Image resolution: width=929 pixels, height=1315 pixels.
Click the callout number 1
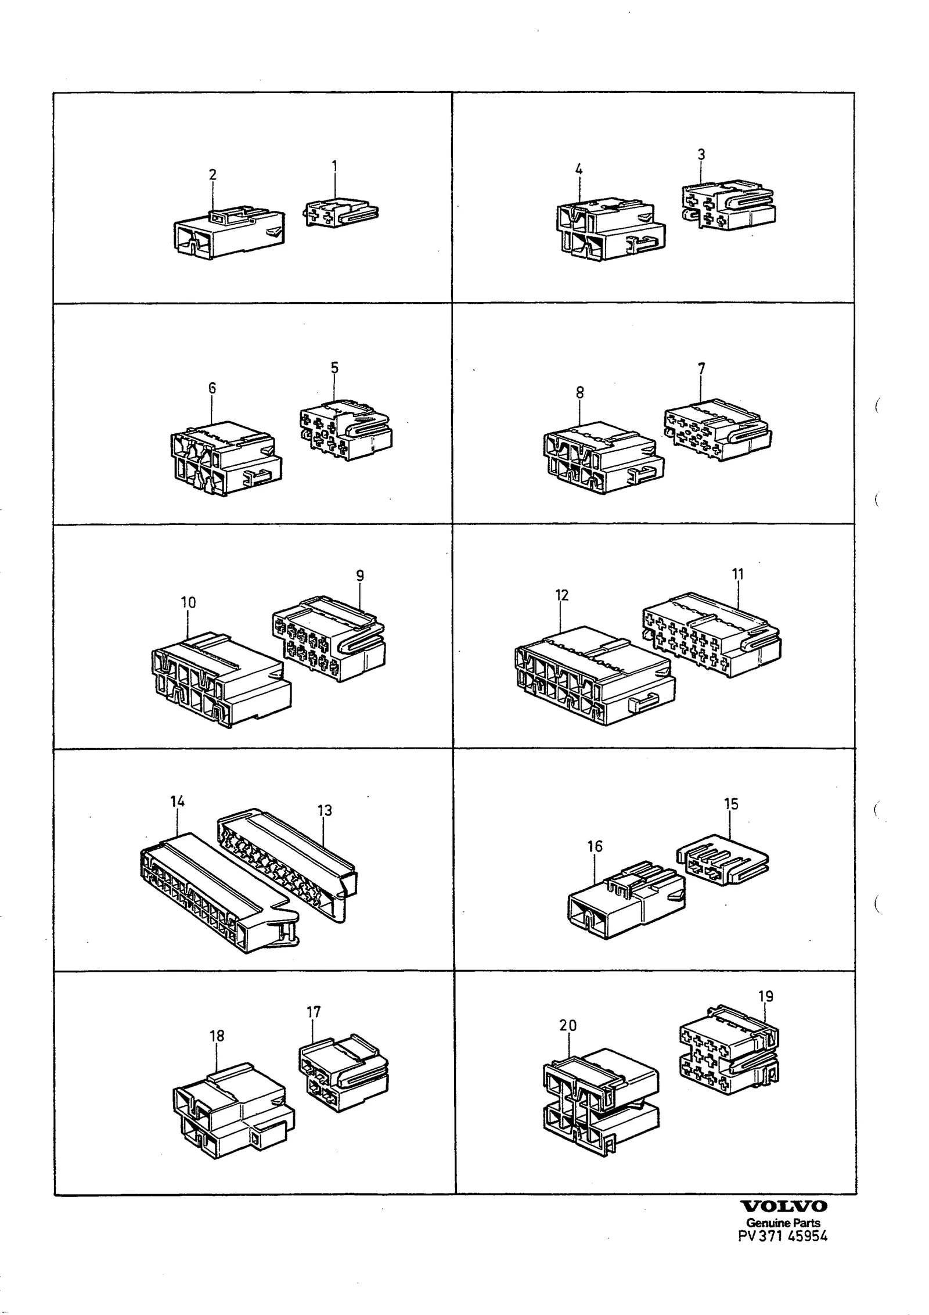pyautogui.click(x=334, y=166)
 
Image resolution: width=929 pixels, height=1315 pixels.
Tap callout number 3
pyautogui.click(x=701, y=155)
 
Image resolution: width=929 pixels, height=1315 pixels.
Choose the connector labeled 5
pyautogui.click(x=345, y=430)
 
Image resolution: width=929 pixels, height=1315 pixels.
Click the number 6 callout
pyautogui.click(x=212, y=388)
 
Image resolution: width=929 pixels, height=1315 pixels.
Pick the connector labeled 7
pyautogui.click(x=718, y=430)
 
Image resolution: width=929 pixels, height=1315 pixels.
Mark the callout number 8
pyautogui.click(x=580, y=393)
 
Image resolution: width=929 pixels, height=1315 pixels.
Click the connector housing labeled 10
pyautogui.click(x=221, y=680)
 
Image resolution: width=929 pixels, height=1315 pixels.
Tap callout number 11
pyautogui.click(x=738, y=574)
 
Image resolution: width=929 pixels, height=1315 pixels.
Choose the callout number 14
pyautogui.click(x=178, y=802)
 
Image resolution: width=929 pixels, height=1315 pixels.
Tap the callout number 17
pyautogui.click(x=314, y=1012)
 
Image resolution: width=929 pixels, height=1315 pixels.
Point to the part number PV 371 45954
pyautogui.click(x=783, y=1235)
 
